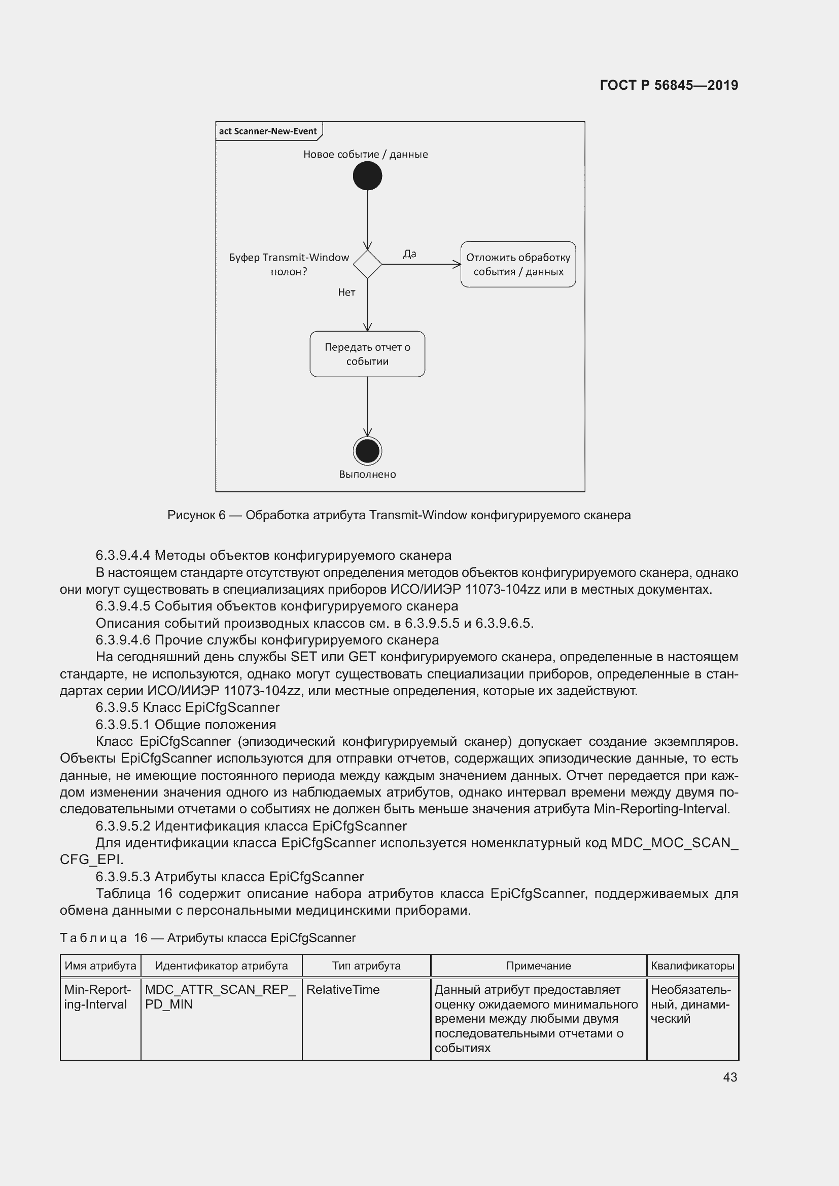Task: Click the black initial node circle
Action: [367, 175]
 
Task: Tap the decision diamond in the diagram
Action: [367, 264]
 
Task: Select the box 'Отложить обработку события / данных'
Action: [518, 264]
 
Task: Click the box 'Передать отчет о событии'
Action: [367, 354]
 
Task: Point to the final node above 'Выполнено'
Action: [367, 451]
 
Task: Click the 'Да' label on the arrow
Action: [410, 254]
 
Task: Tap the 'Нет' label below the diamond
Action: [346, 293]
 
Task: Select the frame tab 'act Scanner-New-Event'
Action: [268, 131]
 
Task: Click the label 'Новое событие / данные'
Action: [365, 154]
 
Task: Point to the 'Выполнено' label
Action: [367, 474]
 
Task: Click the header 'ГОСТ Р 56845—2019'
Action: [669, 85]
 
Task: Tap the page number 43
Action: [730, 1077]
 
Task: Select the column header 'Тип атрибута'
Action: [366, 965]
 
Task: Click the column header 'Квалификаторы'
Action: [692, 965]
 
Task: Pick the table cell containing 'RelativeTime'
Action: [343, 989]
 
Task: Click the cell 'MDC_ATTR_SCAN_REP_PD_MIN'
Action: [221, 996]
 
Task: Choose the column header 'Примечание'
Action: [538, 965]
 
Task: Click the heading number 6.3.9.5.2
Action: [123, 825]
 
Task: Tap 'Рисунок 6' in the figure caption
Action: [196, 515]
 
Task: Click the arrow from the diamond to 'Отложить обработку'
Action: [421, 264]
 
